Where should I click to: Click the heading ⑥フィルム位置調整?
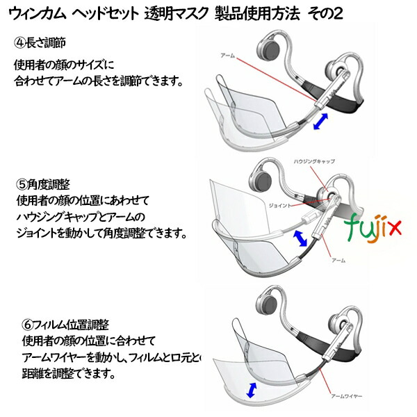coord(54,325)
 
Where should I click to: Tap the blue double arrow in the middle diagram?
coord(302,239)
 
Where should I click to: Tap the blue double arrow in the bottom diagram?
coord(252,389)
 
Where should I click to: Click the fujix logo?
coord(371,223)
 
